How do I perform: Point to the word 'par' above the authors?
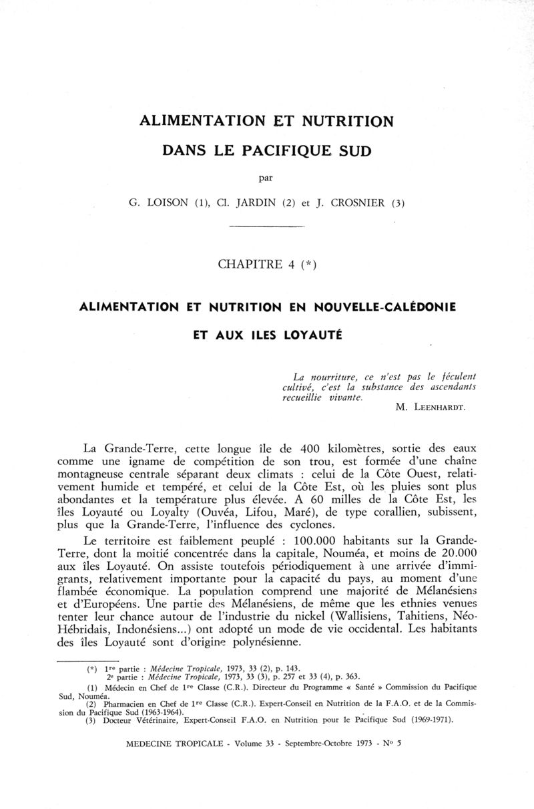pyautogui.click(x=266, y=178)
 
